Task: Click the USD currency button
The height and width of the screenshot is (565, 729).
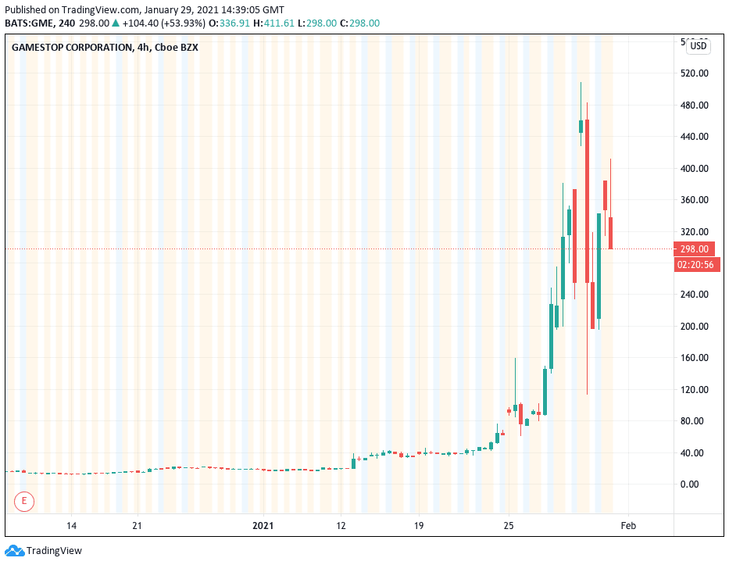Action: click(x=699, y=46)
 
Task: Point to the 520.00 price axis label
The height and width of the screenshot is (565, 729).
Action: click(x=694, y=73)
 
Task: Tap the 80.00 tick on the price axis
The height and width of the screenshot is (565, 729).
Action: click(x=694, y=421)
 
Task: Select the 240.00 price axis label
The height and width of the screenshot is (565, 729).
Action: click(x=694, y=295)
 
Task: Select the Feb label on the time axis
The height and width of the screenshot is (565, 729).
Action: click(x=628, y=526)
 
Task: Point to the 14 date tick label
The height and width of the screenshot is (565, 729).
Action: click(x=71, y=526)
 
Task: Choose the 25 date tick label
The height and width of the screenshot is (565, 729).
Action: click(x=508, y=526)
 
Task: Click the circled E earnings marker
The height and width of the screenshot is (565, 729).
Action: click(x=25, y=500)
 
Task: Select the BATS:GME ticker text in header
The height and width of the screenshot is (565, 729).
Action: click(x=31, y=23)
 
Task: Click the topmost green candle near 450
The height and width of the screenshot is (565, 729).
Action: click(x=581, y=127)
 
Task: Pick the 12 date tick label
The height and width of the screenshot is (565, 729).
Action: click(x=341, y=526)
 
